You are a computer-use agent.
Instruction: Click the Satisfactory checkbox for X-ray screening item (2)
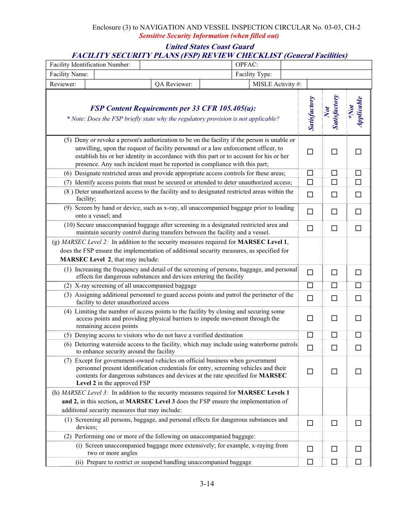pos(310,286)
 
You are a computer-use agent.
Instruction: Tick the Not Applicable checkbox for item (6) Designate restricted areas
pos(358,173)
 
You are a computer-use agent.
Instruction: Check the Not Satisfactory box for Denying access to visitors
pos(334,335)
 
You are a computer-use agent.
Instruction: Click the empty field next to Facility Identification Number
pos(185,65)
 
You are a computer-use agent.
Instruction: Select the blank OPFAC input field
pos(326,65)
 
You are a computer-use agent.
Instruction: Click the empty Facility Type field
pos(326,75)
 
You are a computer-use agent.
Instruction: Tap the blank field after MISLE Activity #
pos(339,84)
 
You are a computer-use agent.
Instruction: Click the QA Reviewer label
pos(173,84)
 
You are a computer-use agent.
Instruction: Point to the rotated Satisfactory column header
pos(311,113)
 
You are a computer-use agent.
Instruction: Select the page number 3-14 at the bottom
pos(207,484)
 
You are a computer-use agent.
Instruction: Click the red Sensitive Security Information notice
pos(209,36)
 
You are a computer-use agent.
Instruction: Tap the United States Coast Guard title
pos(210,47)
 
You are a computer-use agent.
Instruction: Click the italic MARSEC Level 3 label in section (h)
pos(85,393)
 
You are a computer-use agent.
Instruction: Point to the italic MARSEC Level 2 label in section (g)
pos(85,242)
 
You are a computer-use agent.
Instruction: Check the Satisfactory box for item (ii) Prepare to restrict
pos(310,462)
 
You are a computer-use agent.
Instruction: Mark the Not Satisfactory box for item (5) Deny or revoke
pos(334,152)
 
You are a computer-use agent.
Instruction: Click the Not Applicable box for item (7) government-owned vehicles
pos(358,372)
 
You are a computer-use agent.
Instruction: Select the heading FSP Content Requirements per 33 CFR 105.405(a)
pos(173,108)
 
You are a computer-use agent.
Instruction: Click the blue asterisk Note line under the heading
pos(173,119)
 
